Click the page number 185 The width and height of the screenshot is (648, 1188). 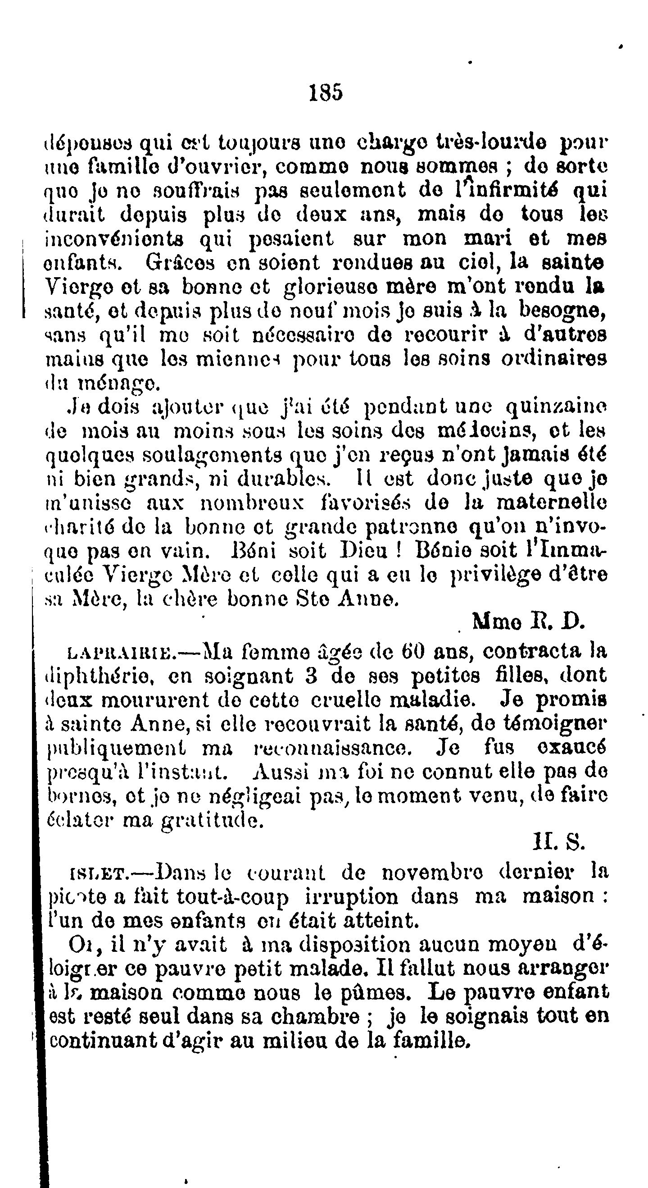(x=326, y=92)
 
